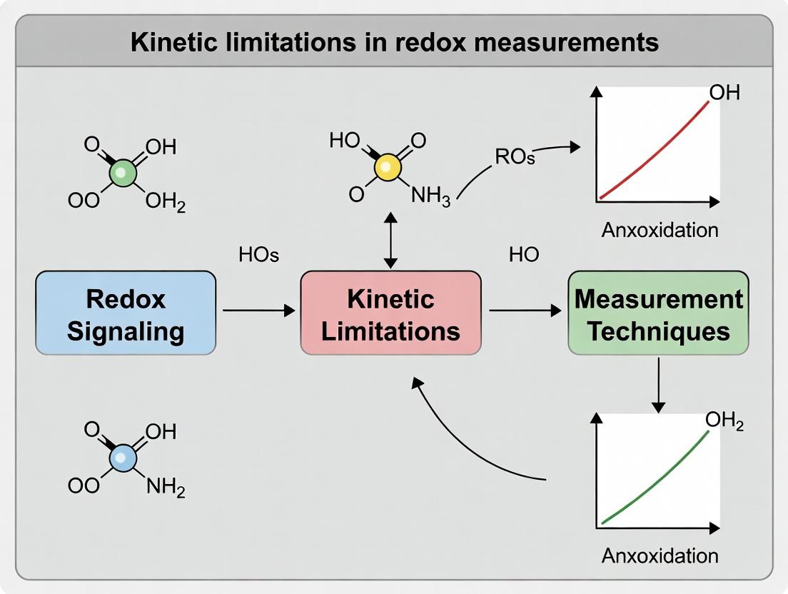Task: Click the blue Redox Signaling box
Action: pos(126,313)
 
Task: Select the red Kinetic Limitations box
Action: pos(390,313)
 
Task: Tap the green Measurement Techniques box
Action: pos(658,313)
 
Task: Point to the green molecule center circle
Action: pos(122,173)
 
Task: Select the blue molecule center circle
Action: pos(123,458)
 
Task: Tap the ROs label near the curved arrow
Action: pos(515,158)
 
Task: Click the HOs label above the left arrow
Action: pos(258,255)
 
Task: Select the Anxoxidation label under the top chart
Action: pos(660,231)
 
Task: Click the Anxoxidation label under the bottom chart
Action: pos(660,555)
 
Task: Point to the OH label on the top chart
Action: pos(724,94)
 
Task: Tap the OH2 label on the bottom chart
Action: pos(724,421)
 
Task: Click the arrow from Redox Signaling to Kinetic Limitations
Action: pos(258,311)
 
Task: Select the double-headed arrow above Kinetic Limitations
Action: pos(390,239)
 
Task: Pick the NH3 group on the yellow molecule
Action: pos(431,196)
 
